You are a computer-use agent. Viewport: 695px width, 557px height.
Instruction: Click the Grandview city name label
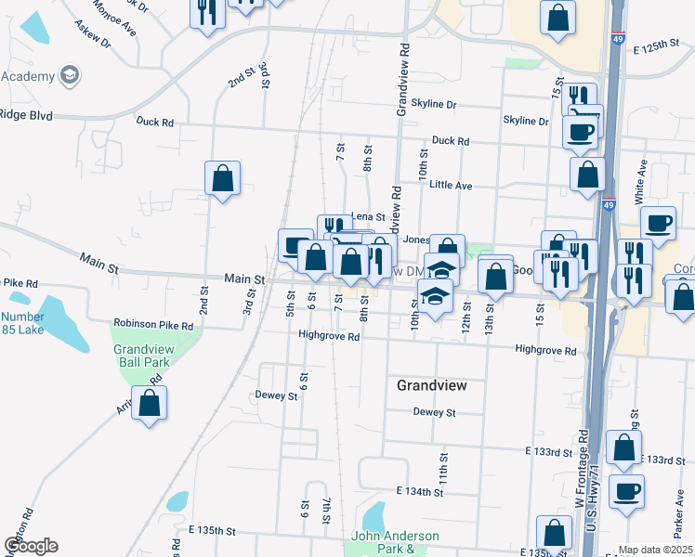click(x=430, y=384)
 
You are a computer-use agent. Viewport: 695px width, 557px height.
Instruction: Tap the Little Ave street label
click(x=451, y=186)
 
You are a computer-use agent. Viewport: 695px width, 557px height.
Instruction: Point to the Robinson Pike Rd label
click(x=153, y=325)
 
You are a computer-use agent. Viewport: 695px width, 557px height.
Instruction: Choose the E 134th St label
click(x=419, y=490)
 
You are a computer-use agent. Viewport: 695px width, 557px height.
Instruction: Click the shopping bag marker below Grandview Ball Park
click(x=149, y=404)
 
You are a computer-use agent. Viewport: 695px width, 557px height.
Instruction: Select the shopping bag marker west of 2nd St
click(x=223, y=177)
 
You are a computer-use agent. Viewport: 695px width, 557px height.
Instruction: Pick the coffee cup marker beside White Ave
click(x=658, y=223)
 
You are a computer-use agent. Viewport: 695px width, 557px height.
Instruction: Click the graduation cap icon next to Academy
click(x=69, y=74)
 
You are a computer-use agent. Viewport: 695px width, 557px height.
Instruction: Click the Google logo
click(x=30, y=546)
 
